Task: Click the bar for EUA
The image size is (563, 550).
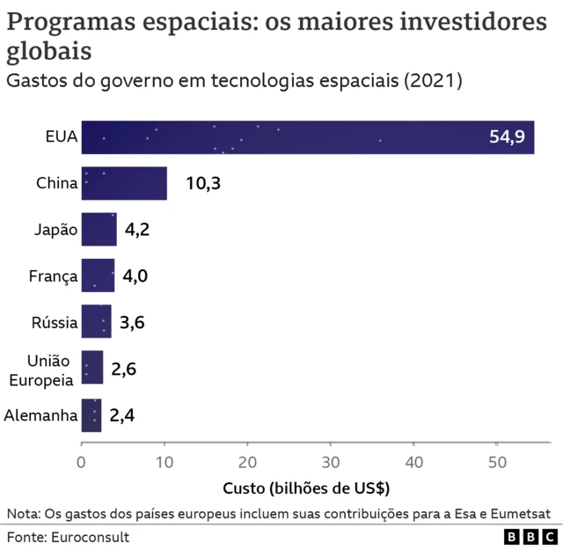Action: pos(307,136)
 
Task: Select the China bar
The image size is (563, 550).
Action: pos(124,183)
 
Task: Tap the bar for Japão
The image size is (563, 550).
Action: pos(99,230)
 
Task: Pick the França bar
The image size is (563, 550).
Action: pos(98,275)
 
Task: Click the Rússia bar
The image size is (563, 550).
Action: pos(96,322)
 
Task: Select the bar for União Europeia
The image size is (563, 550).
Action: pos(92,368)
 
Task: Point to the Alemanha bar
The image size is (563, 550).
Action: pos(91,414)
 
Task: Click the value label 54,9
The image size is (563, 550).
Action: pos(507,136)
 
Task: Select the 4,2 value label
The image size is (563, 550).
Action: pos(136,230)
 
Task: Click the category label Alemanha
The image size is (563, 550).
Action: pos(40,414)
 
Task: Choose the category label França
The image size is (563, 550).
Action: pos(53,276)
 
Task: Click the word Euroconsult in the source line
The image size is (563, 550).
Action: pos(90,536)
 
